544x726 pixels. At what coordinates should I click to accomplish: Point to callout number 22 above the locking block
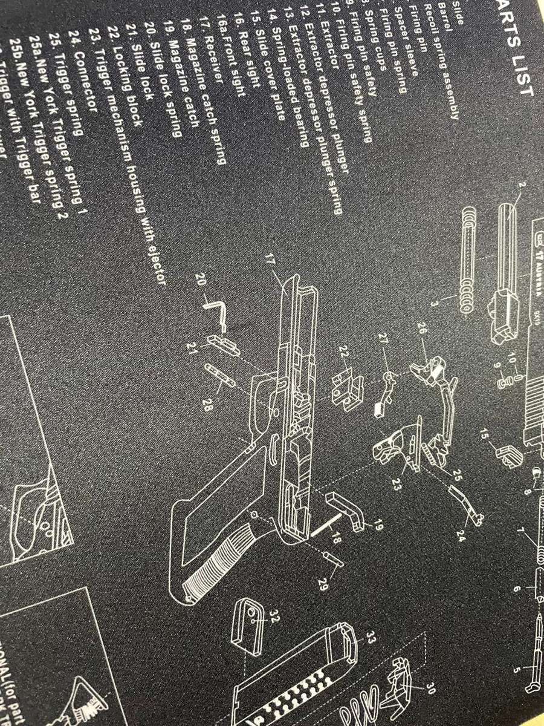click(x=345, y=352)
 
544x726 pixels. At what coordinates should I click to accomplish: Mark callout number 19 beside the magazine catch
click(x=378, y=525)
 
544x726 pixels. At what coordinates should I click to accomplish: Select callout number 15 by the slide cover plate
click(x=484, y=434)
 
